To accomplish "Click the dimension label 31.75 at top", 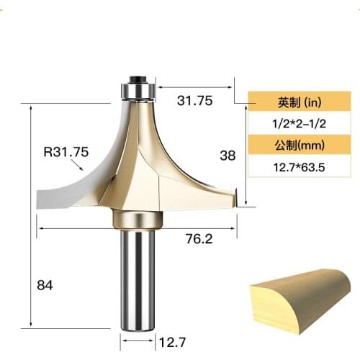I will [194, 102].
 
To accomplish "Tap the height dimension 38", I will [227, 155].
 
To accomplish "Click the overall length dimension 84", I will [45, 285].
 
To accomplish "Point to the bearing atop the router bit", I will [137, 90].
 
